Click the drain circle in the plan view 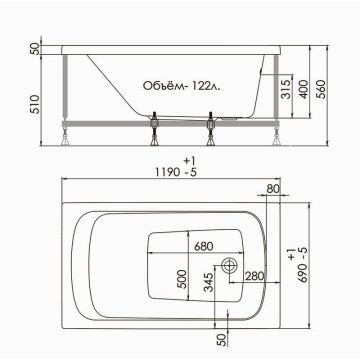pos(229,267)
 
